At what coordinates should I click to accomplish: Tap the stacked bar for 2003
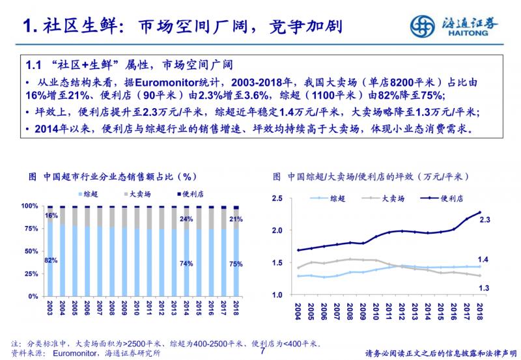tap(50, 251)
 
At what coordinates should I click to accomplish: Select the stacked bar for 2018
tap(236, 251)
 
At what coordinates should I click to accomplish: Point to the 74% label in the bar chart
tap(187, 264)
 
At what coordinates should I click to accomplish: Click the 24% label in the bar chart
tap(187, 219)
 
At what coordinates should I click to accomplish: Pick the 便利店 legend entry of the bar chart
tap(190, 193)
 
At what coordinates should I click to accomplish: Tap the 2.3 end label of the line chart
tap(485, 220)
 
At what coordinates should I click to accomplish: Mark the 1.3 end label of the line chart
tap(485, 287)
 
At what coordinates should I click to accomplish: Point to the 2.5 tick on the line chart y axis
tap(277, 199)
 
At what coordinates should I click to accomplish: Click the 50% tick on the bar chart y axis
tap(30, 251)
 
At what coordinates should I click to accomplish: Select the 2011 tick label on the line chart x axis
tap(389, 311)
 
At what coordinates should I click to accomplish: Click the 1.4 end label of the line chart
tap(485, 260)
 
